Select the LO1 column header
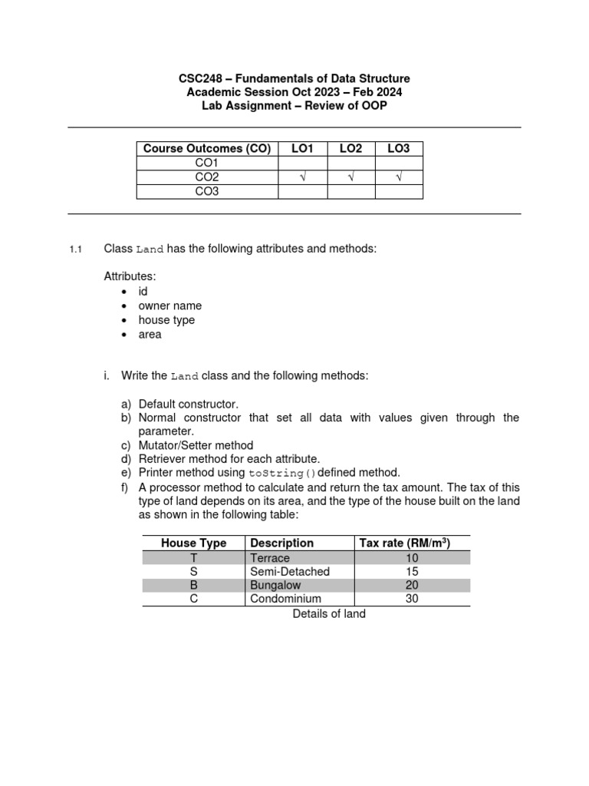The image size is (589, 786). point(302,149)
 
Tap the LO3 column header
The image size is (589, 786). point(398,149)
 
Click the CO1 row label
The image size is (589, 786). point(207,163)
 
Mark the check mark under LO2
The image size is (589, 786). point(350,177)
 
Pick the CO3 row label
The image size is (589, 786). point(207,191)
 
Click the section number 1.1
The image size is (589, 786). point(75,249)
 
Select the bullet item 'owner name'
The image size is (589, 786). point(169,305)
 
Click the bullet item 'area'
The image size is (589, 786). point(150,334)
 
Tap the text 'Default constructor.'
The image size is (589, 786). point(189,403)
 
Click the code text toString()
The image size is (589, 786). point(281,473)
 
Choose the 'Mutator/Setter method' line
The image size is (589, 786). point(196,445)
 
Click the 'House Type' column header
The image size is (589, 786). point(193,543)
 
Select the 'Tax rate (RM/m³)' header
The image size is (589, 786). point(404,543)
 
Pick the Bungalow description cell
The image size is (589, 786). point(275,585)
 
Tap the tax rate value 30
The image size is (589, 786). point(411,599)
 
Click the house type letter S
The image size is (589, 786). point(193,571)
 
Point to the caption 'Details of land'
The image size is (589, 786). point(329,613)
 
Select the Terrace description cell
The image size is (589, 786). point(270,557)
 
